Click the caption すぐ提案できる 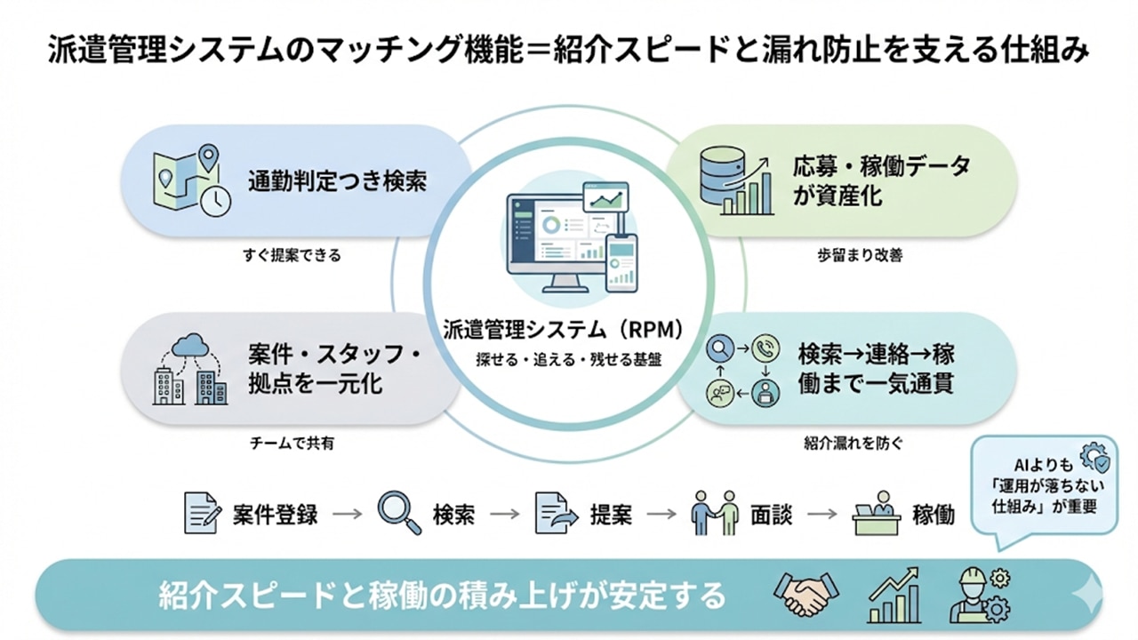(x=292, y=255)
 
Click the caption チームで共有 (x=292, y=443)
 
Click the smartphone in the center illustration (x=621, y=263)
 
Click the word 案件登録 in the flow (x=276, y=515)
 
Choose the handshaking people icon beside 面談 (x=715, y=513)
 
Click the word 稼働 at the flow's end (x=934, y=515)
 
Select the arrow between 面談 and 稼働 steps (x=822, y=514)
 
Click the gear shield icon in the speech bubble (x=1094, y=460)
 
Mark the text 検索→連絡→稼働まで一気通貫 (x=876, y=370)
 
